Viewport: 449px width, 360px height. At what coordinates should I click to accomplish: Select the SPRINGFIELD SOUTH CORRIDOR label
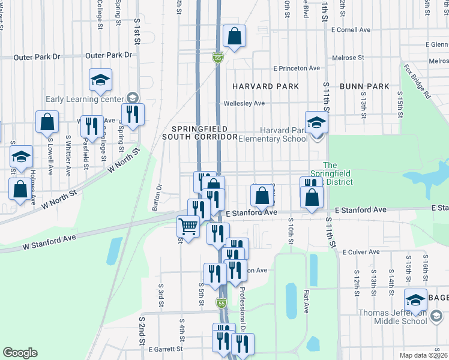(200, 133)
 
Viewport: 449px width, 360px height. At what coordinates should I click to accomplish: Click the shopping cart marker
(188, 227)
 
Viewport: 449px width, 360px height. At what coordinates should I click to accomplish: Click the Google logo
(20, 353)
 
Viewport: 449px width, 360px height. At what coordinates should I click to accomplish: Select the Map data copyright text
(424, 355)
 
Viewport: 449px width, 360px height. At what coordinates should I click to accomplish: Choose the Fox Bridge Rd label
(417, 81)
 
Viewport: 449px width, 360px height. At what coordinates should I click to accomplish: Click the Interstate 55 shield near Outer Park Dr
(218, 58)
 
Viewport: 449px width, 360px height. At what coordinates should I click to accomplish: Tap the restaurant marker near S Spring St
(133, 113)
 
